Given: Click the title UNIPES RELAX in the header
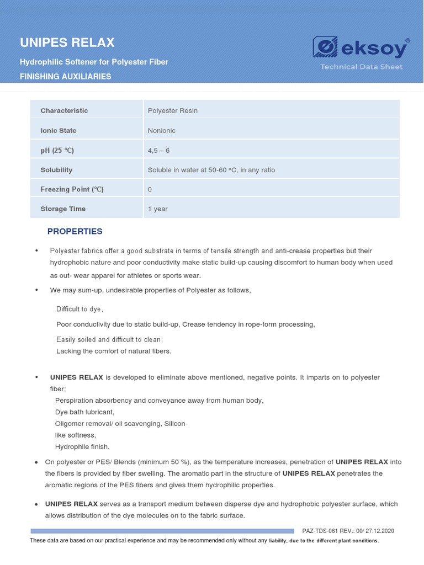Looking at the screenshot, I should (x=67, y=42).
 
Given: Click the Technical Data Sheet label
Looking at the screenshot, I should (x=362, y=67).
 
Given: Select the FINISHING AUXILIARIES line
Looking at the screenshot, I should (x=66, y=77).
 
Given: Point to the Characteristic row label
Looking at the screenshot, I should (x=64, y=110).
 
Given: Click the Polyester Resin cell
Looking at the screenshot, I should (x=173, y=110).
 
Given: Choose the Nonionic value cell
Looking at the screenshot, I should (x=162, y=130).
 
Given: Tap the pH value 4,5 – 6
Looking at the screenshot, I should (x=159, y=150).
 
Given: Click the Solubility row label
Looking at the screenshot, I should (x=56, y=170).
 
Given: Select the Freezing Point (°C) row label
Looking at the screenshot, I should (x=72, y=189).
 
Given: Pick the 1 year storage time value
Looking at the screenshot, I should (x=158, y=209).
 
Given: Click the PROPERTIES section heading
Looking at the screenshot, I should (x=75, y=231).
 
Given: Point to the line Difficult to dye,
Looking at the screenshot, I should (x=79, y=309).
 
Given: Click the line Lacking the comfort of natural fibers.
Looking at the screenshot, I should (x=114, y=351).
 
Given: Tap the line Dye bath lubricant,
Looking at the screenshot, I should (x=84, y=412).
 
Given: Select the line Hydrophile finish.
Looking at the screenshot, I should (x=82, y=447).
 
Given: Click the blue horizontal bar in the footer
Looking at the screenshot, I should (x=163, y=531).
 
